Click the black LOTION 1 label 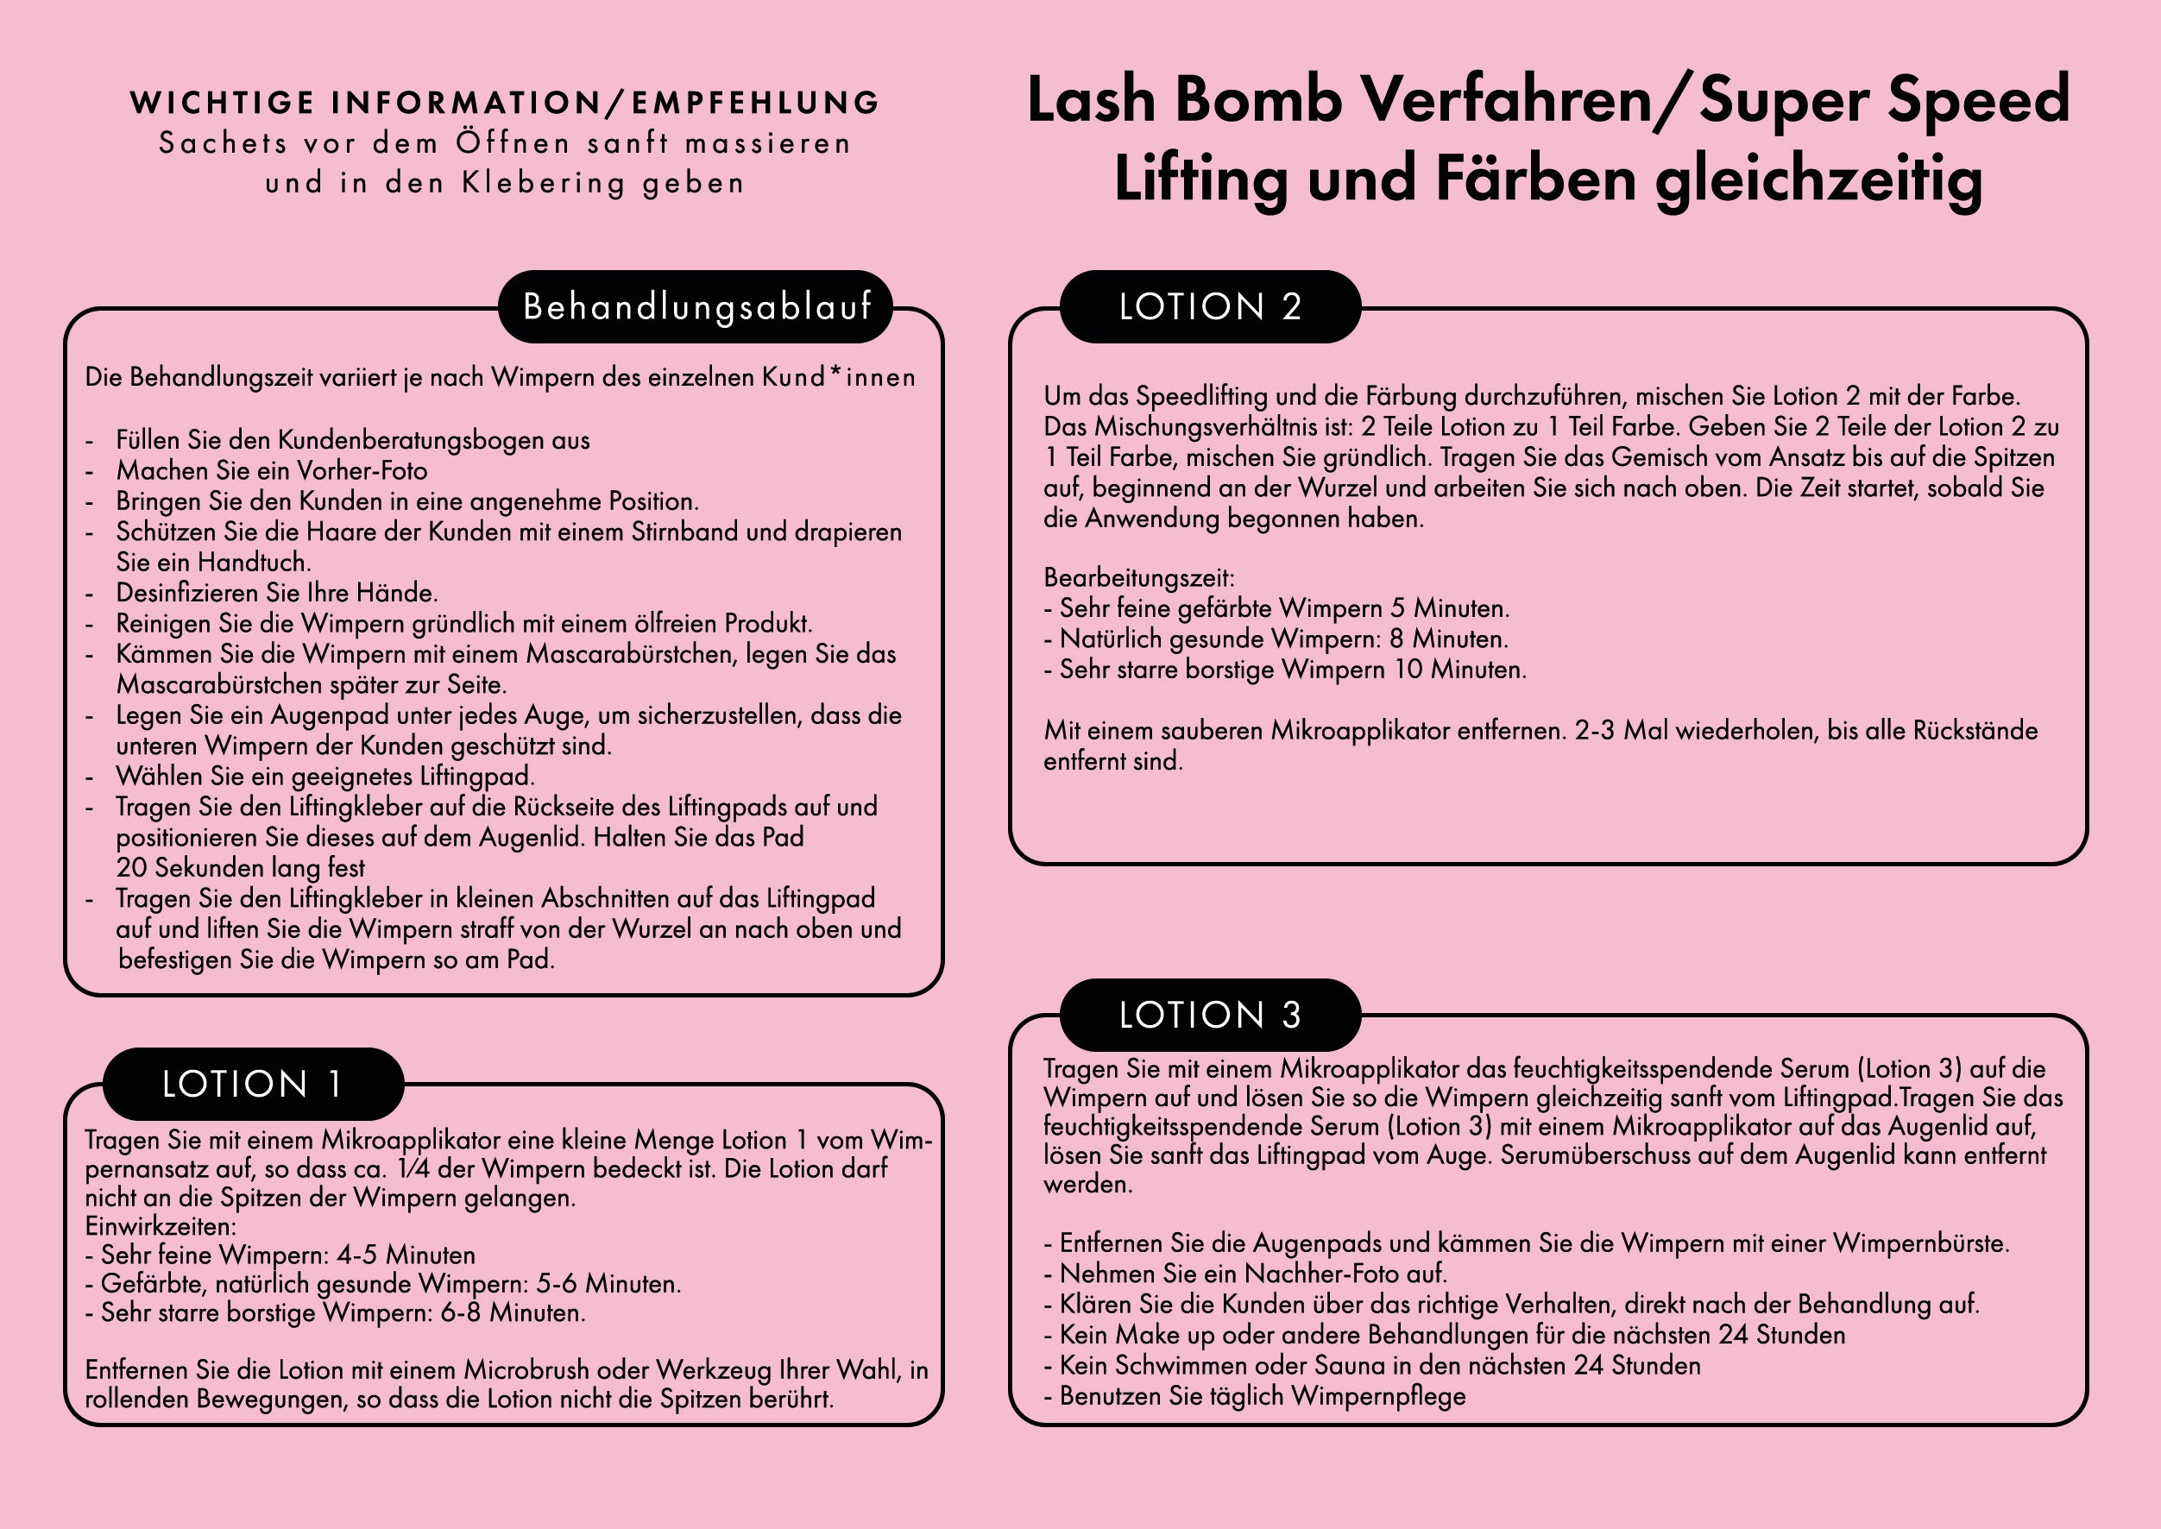coord(252,1084)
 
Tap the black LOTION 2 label coord(1210,307)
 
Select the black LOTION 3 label coord(1210,1015)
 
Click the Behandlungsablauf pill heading coord(696,307)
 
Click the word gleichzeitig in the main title coord(1818,179)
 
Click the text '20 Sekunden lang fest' coord(240,868)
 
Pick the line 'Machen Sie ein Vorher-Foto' coord(271,471)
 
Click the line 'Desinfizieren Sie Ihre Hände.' coord(277,593)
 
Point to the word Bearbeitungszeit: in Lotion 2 coord(1138,578)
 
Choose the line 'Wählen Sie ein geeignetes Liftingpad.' coord(324,777)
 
